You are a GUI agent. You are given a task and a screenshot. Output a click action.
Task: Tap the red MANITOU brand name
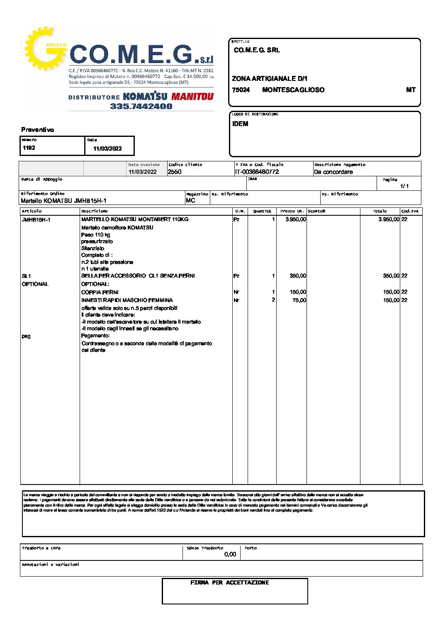coord(192,97)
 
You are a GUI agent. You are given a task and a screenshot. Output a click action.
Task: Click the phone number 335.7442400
coord(141,106)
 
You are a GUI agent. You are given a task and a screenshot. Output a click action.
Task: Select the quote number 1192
coord(29,148)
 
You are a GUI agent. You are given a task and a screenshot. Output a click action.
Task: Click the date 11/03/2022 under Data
coord(107,149)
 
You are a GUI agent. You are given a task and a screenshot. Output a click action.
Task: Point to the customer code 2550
coord(175,172)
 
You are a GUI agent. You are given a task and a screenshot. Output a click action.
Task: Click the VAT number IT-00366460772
coord(257,172)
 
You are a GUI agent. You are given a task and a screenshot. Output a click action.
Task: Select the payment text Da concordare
coord(333,172)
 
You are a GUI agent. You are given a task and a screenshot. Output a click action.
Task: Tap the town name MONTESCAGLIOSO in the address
coord(293,90)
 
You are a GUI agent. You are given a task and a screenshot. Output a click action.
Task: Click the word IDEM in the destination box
coord(240,124)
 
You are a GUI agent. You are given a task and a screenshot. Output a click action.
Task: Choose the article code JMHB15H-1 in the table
coord(36,219)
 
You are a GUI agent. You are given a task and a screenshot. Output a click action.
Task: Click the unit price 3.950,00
coord(296,219)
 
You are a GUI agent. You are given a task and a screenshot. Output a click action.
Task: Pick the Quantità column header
coord(262,211)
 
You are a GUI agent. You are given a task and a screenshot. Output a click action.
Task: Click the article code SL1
coord(26,276)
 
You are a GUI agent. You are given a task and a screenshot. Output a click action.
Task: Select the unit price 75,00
coord(299,300)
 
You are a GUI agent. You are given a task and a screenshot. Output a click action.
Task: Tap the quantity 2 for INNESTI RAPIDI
coord(273,300)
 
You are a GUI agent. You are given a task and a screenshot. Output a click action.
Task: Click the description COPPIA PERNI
coord(100,292)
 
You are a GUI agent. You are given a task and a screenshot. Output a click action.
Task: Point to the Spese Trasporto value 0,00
coord(230,554)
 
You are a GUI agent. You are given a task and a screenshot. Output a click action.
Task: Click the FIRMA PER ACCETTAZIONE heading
coord(229,582)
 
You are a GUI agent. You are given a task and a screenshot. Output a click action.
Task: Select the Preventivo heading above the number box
coord(38,130)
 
